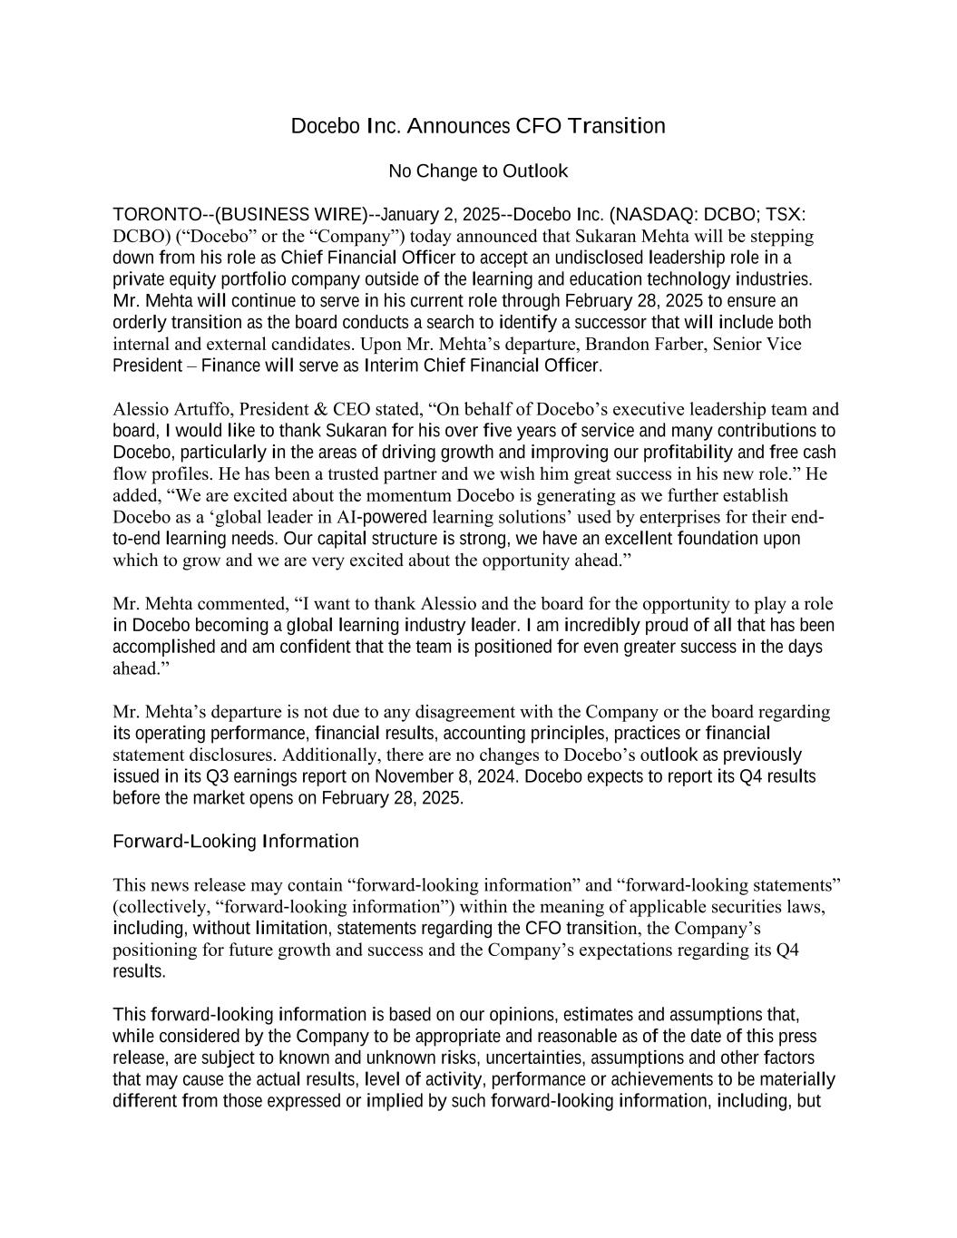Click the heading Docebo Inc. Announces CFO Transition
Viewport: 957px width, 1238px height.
[478, 126]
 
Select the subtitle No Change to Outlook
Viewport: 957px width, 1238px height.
[478, 171]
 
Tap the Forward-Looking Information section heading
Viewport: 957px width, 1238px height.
[236, 842]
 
